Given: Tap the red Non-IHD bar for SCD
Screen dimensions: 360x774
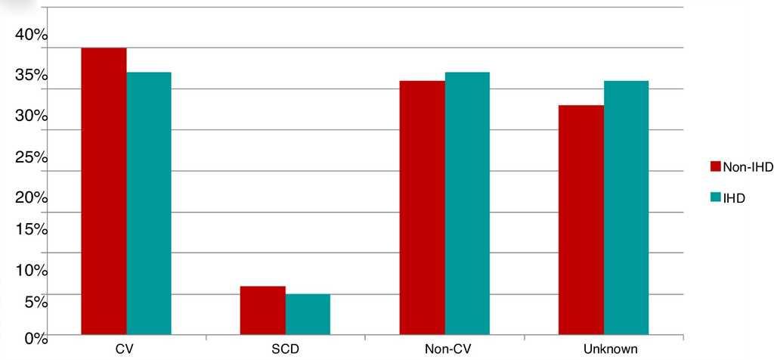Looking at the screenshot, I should point(262,310).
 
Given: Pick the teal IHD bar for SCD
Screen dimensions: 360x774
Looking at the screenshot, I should point(308,314).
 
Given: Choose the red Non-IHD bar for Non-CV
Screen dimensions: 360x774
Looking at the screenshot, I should point(422,207).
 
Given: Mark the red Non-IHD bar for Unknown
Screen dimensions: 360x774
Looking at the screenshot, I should point(580,219).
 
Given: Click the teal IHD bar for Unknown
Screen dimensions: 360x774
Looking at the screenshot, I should point(626,207).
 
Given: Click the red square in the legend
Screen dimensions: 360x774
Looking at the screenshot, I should point(715,167).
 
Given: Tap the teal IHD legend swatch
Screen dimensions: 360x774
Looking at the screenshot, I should point(715,197).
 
